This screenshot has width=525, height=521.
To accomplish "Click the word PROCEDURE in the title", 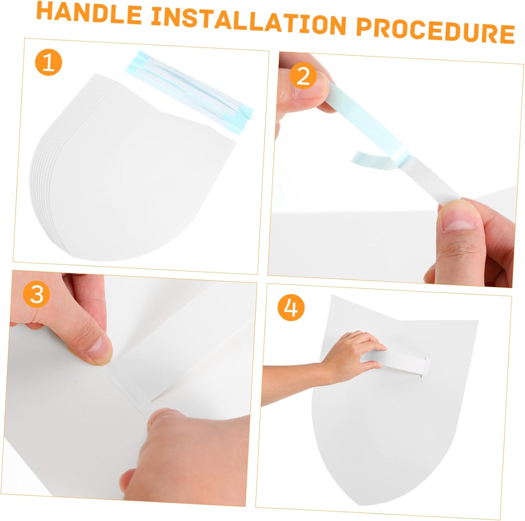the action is (x=435, y=32).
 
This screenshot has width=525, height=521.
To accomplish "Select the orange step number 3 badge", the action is (x=37, y=294).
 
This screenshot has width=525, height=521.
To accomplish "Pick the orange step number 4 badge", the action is (x=291, y=308).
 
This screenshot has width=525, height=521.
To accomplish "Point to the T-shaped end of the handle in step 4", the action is (x=426, y=366).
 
